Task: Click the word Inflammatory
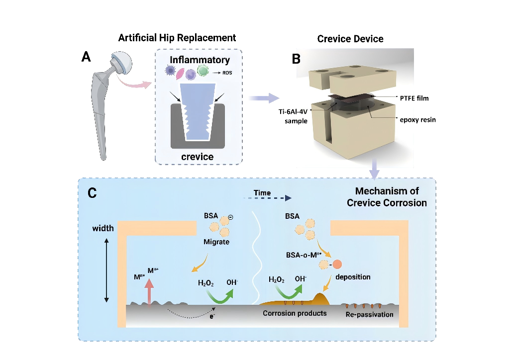point(200,60)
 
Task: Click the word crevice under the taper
point(198,157)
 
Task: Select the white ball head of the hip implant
point(121,61)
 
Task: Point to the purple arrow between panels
point(264,98)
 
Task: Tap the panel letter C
point(92,194)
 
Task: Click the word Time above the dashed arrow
point(262,193)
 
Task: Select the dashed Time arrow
point(267,198)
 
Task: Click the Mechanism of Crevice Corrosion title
point(387,197)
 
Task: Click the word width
point(103,229)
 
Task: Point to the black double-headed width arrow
point(106,270)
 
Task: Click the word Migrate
point(216,242)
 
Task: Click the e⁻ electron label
point(212,316)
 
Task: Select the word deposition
point(352,276)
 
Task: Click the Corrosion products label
point(295,313)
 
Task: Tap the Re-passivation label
point(369,314)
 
